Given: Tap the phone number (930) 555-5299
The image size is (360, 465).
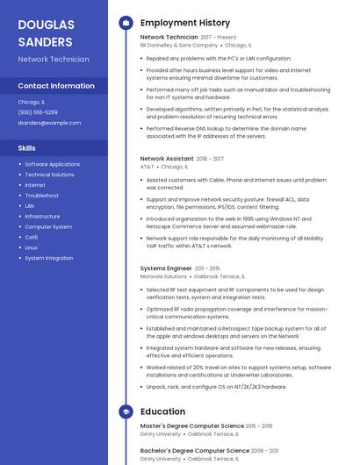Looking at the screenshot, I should (x=38, y=112).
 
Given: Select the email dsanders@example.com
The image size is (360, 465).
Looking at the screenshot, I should (x=49, y=123).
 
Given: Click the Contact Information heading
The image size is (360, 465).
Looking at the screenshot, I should (x=56, y=86).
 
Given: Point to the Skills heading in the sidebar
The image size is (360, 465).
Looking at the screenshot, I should (x=27, y=148).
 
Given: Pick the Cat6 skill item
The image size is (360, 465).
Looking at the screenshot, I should (x=32, y=237).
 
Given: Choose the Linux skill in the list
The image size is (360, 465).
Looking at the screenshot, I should (x=32, y=247).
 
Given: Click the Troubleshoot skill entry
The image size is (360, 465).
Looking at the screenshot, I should (x=42, y=196).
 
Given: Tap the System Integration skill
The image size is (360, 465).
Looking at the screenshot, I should (x=49, y=258).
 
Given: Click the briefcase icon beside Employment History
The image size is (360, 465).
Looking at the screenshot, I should (x=126, y=22).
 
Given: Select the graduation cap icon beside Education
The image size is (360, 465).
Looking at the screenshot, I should (x=126, y=411).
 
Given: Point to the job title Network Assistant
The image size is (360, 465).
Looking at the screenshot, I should (x=167, y=159).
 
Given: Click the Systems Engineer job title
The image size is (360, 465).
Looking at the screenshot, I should (x=166, y=268).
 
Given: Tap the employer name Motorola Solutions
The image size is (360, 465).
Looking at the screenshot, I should (x=163, y=276).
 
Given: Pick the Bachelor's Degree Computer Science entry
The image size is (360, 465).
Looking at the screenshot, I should (x=194, y=451).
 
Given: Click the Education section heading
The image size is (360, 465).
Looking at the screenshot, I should (x=162, y=411).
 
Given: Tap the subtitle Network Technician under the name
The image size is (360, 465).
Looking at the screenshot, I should (x=54, y=60).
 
